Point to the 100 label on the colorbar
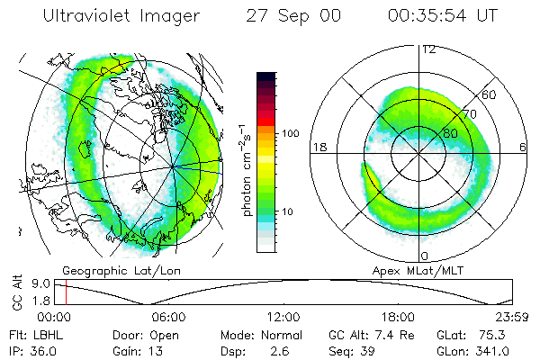tap(288, 133)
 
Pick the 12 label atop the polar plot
tap(428, 49)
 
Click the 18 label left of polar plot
tap(318, 147)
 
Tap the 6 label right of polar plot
tap(523, 147)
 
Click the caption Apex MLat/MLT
tap(409, 270)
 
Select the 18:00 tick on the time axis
tap(398, 318)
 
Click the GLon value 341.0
tap(494, 351)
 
